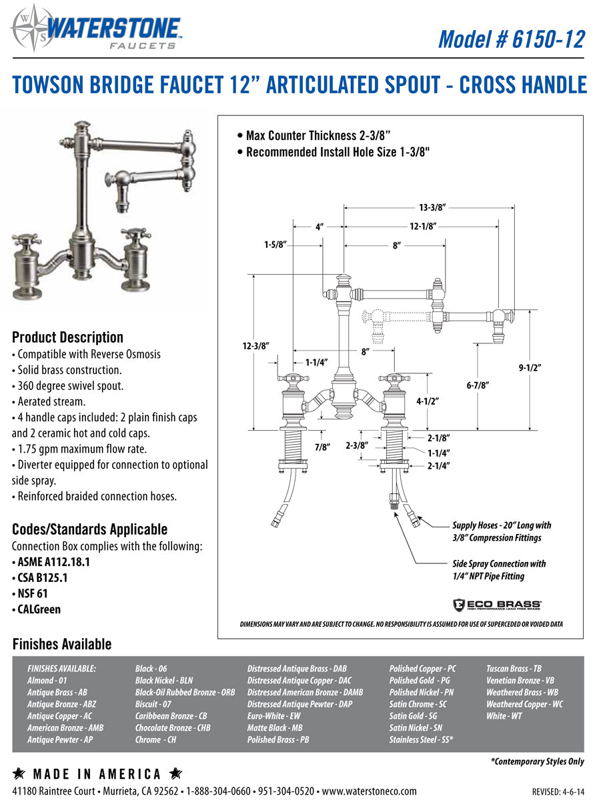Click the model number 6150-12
coord(511,39)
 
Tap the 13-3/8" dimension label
coord(432,208)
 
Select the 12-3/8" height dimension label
coord(256,346)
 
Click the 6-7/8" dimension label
coord(478,385)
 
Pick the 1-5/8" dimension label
coord(275,245)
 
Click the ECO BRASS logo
coord(496,604)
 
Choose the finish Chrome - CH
coord(155,739)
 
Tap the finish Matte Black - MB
coord(274,728)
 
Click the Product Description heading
coord(67,337)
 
